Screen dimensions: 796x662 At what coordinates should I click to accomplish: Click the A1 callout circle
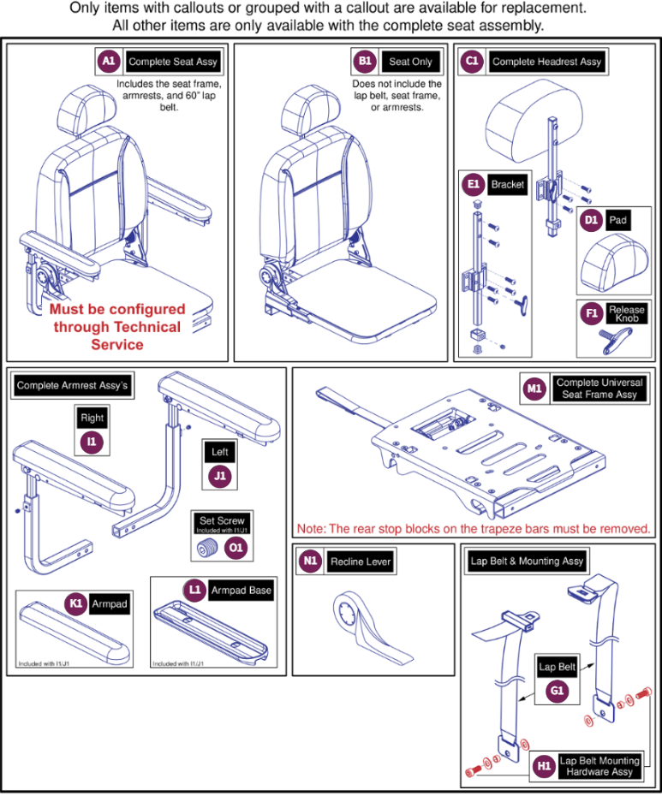click(x=108, y=62)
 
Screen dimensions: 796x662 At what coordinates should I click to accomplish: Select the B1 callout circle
click(x=366, y=62)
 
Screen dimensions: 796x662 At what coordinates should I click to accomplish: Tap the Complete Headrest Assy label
click(x=546, y=62)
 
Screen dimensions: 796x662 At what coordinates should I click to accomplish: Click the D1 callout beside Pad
click(x=591, y=220)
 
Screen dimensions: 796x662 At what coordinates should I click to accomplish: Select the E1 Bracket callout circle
click(x=472, y=184)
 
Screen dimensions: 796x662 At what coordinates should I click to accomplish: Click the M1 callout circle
click(x=534, y=389)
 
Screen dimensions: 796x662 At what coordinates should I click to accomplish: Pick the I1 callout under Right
click(x=92, y=442)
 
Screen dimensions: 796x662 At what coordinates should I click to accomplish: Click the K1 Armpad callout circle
click(x=77, y=603)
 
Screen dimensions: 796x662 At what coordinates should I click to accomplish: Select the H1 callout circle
click(x=542, y=766)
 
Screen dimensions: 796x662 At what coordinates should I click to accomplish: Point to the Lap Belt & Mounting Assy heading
click(x=527, y=561)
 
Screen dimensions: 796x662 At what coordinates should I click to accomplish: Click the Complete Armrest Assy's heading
click(x=72, y=386)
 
